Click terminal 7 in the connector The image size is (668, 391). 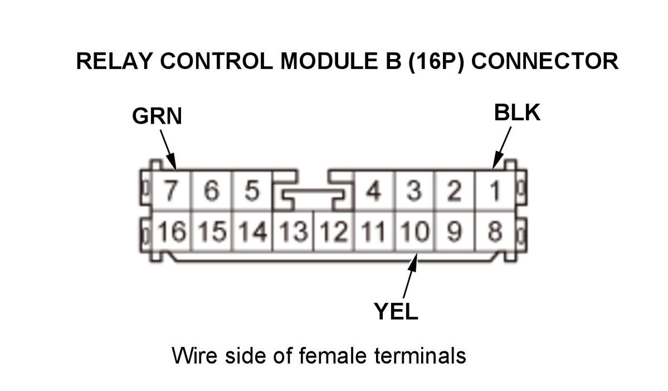172,191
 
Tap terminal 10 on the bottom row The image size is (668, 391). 415,231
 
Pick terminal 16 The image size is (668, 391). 171,231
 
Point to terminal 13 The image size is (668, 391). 293,231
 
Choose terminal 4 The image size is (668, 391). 373,191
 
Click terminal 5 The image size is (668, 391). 252,191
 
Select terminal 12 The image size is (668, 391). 334,231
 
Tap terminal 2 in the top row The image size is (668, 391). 455,191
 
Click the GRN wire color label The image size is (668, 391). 157,116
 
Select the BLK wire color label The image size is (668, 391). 517,113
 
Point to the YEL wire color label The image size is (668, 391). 396,312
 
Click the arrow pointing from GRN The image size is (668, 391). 168,149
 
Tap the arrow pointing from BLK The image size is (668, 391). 502,147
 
